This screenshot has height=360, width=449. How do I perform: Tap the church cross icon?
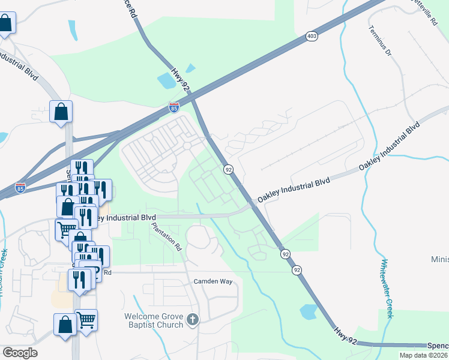click(x=192, y=320)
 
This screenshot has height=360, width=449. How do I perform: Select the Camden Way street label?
click(x=211, y=281)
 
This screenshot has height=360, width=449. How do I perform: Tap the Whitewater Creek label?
click(x=386, y=289)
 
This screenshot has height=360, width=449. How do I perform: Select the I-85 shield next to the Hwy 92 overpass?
click(x=173, y=108)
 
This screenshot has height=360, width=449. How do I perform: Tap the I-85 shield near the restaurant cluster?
click(x=20, y=187)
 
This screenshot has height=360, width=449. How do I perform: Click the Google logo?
click(x=19, y=352)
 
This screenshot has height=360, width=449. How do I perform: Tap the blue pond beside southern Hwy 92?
click(x=308, y=311)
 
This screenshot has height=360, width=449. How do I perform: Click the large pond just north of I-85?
click(x=164, y=80)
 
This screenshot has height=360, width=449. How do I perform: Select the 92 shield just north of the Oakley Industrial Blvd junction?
click(x=229, y=170)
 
